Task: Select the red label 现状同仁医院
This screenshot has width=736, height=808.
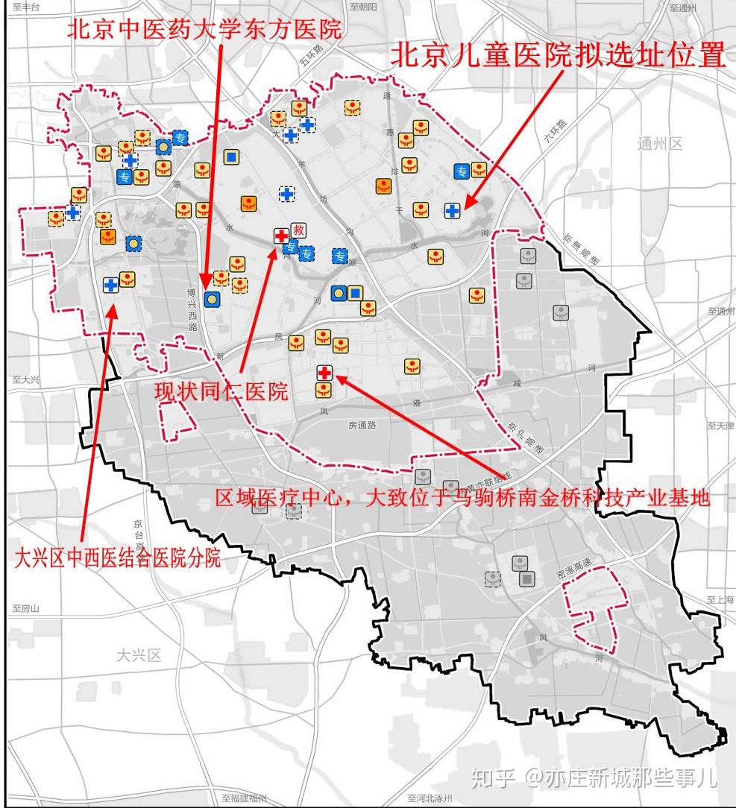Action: coord(221,392)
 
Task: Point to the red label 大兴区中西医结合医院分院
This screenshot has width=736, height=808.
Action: coord(118,558)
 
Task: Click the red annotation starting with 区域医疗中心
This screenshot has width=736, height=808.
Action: coord(462,498)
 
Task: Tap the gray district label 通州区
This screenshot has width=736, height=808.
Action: coord(660,144)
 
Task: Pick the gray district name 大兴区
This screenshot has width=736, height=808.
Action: coord(139,656)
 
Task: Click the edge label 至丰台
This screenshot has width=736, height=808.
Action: coord(27,7)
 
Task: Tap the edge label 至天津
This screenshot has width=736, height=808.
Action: coord(720,426)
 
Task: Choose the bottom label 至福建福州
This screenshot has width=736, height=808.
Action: coord(244,799)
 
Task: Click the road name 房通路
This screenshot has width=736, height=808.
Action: coord(362,425)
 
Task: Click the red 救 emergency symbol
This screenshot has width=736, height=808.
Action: coord(299,230)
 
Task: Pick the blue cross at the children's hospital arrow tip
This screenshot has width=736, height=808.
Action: coord(452,211)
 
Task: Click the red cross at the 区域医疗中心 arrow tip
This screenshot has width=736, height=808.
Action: coord(324,373)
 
